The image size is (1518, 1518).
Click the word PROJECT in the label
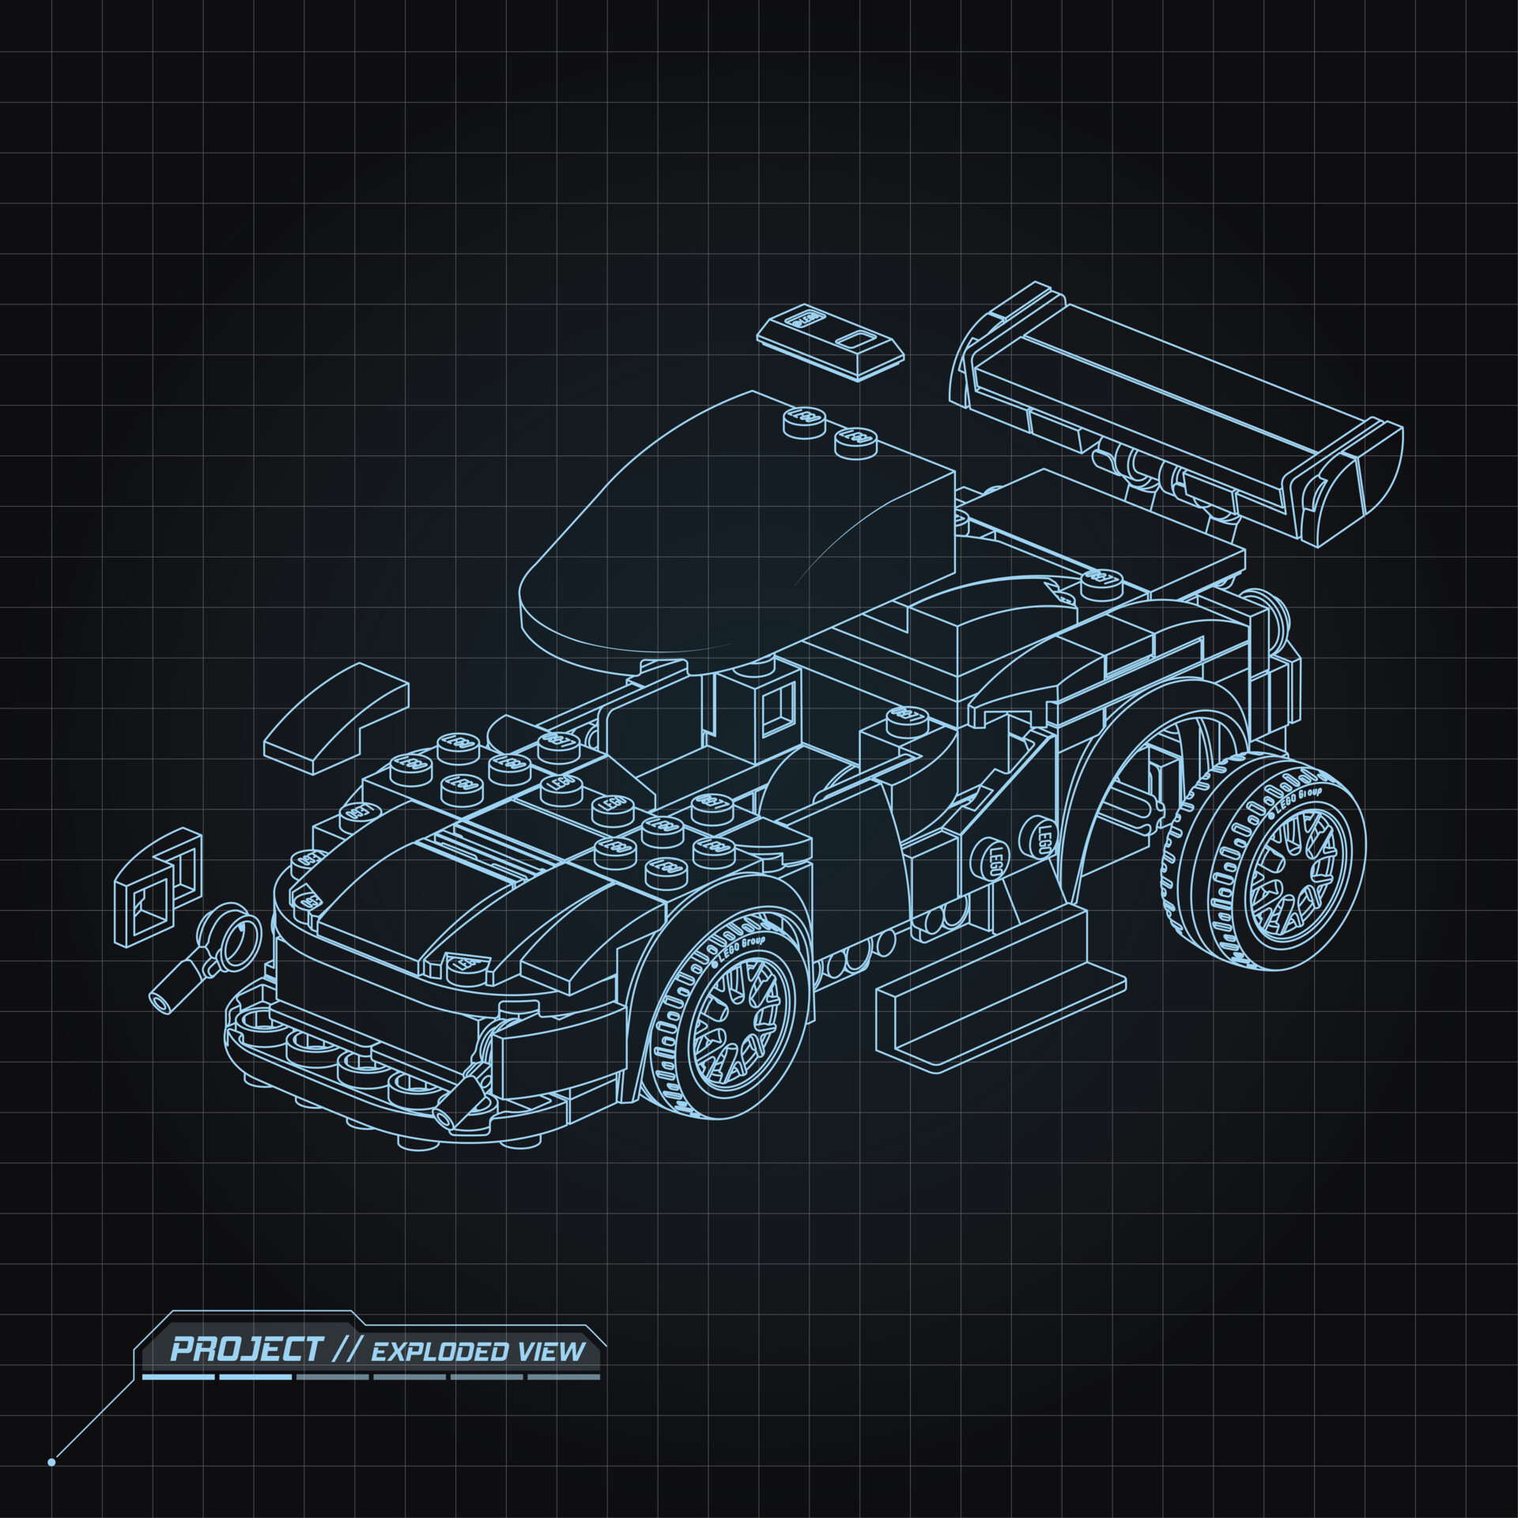(247, 1350)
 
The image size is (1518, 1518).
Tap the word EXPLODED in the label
(440, 1352)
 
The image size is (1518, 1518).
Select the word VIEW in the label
(551, 1351)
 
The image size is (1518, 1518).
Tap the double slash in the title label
(346, 1350)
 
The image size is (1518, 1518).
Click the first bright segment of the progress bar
(178, 1376)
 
